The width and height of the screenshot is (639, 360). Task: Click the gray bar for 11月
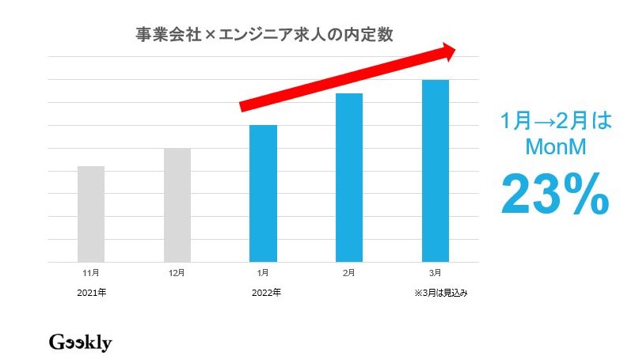tap(91, 214)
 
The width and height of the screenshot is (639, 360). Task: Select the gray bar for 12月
tap(177, 205)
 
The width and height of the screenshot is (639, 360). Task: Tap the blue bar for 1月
tap(263, 193)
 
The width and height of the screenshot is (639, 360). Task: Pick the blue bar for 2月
tap(349, 177)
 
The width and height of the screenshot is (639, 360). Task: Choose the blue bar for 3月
tap(436, 171)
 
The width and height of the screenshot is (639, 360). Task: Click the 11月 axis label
tap(91, 273)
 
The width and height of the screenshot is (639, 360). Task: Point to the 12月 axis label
tap(177, 273)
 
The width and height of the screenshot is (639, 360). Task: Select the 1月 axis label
tap(263, 273)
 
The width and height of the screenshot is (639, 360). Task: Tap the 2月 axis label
tap(349, 273)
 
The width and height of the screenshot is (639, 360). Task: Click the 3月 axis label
tap(436, 273)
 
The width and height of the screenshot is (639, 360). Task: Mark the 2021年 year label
tap(92, 293)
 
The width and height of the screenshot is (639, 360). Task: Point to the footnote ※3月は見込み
tap(442, 293)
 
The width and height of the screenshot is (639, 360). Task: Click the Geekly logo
tap(80, 343)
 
